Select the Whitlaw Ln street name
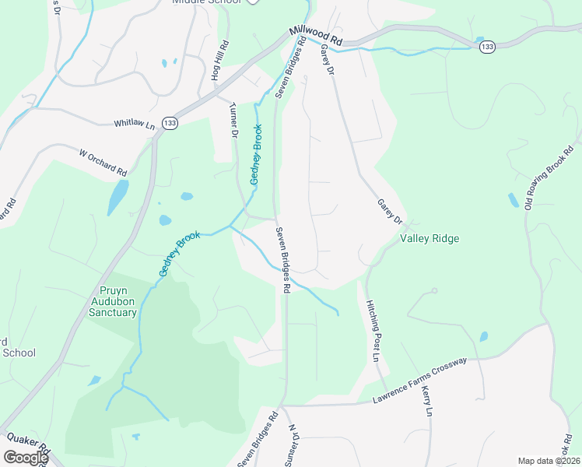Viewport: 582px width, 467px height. click(x=135, y=124)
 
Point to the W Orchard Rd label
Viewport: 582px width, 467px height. click(x=103, y=161)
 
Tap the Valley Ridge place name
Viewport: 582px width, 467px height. click(x=429, y=239)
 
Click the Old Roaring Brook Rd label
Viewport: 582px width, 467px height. click(x=552, y=178)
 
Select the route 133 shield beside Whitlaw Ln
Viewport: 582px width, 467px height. click(x=170, y=124)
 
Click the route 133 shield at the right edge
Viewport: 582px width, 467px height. click(x=487, y=48)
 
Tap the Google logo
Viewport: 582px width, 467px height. click(x=25, y=458)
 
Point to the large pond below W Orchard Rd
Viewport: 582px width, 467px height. click(x=117, y=197)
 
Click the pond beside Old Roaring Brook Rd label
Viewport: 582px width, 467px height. click(x=514, y=200)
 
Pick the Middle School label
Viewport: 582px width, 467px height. click(x=206, y=2)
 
